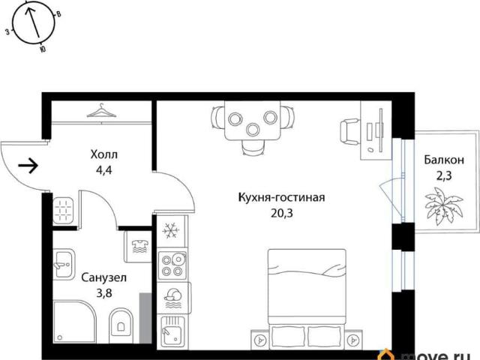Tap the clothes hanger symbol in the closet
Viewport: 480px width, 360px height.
point(101,111)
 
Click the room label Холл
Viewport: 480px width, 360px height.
point(104,154)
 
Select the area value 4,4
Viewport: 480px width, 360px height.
point(104,170)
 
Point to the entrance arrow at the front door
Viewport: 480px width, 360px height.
point(28,166)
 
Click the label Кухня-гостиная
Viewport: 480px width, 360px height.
point(281,197)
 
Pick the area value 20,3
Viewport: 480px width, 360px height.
point(282,213)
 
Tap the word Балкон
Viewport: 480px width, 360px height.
point(444,160)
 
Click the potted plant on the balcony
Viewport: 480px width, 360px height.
point(444,202)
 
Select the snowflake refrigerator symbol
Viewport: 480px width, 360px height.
point(171,230)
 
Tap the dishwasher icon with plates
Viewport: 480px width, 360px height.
point(173,298)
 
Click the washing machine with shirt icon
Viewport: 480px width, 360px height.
point(138,247)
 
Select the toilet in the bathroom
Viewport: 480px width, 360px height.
point(121,325)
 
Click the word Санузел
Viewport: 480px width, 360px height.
point(104,278)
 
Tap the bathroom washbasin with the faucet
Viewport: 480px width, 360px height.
point(64,264)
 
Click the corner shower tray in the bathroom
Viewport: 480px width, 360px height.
point(75,322)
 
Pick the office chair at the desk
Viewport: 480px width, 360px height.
point(349,132)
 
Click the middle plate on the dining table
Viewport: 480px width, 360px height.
point(253,130)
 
